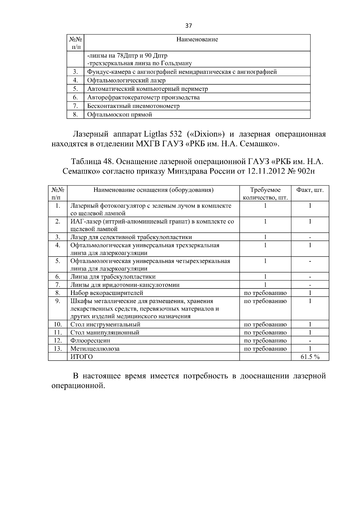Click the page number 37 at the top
click(188, 26)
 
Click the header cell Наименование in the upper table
click(197, 40)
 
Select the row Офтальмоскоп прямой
click(119, 115)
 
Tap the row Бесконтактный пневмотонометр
click(133, 106)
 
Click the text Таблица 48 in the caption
click(91, 162)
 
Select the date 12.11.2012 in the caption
click(266, 171)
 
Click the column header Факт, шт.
click(310, 190)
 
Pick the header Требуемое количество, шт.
click(265, 194)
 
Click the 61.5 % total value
click(310, 357)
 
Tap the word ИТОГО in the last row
click(81, 357)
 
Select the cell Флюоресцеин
click(90, 341)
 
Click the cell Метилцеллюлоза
click(95, 349)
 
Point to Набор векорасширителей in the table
click(106, 293)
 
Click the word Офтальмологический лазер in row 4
click(126, 80)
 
